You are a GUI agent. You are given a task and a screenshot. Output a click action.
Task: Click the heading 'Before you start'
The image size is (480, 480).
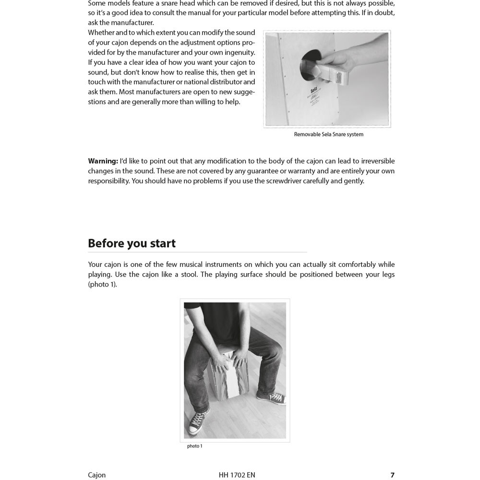[x=132, y=243]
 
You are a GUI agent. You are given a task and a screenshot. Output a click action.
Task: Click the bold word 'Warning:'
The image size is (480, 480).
[x=103, y=161]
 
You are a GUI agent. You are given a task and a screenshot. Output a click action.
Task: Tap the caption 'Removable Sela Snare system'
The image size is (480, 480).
[x=328, y=134]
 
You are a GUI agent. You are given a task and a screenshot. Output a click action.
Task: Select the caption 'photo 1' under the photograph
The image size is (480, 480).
[x=194, y=446]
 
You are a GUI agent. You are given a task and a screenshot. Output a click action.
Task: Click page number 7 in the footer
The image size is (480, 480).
[x=392, y=475]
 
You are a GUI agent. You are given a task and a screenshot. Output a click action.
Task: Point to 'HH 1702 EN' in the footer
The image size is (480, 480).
[x=237, y=475]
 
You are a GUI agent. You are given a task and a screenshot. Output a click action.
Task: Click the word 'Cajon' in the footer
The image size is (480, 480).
[x=96, y=475]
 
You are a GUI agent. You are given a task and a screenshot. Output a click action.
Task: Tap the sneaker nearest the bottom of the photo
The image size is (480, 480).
[x=199, y=420]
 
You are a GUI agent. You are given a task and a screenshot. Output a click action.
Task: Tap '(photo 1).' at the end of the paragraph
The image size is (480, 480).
[x=102, y=284]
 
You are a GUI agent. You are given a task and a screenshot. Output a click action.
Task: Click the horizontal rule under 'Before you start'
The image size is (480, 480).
[x=197, y=252]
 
